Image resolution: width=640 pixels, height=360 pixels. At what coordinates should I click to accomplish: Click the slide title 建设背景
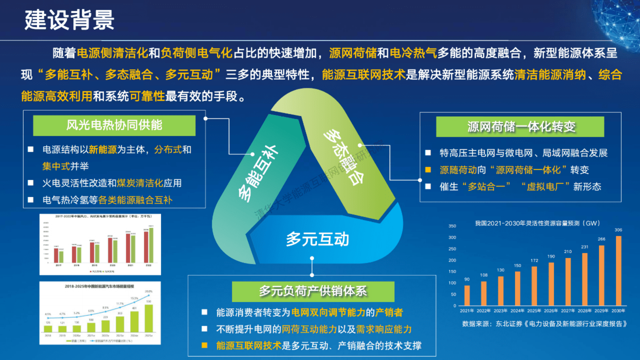click(x=69, y=20)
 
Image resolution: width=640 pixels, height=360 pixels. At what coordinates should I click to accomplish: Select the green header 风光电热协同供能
click(x=114, y=125)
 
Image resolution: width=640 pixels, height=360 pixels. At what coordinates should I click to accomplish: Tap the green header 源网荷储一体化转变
click(x=520, y=127)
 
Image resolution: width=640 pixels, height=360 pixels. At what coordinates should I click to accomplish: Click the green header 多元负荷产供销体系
click(x=313, y=291)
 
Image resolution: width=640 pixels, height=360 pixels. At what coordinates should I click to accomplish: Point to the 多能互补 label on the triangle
click(x=257, y=174)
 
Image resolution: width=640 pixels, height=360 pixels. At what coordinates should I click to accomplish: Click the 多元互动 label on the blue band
click(x=317, y=239)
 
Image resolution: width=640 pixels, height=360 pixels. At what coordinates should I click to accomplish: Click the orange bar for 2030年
click(x=618, y=271)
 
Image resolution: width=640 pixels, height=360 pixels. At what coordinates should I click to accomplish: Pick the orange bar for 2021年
click(x=467, y=295)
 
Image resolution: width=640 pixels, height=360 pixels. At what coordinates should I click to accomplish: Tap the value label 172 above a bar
click(x=534, y=261)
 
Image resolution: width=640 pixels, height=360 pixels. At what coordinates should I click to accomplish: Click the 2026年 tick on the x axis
click(x=551, y=311)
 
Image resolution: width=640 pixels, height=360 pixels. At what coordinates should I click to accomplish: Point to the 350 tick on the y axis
click(x=452, y=226)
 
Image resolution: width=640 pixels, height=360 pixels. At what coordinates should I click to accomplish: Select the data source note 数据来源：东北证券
click(x=544, y=324)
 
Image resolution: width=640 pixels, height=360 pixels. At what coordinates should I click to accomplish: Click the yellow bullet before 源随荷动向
click(x=428, y=170)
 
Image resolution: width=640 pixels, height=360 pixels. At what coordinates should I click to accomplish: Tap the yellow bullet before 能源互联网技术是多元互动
click(x=204, y=345)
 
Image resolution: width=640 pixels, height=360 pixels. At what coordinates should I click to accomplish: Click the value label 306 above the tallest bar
click(x=618, y=230)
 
